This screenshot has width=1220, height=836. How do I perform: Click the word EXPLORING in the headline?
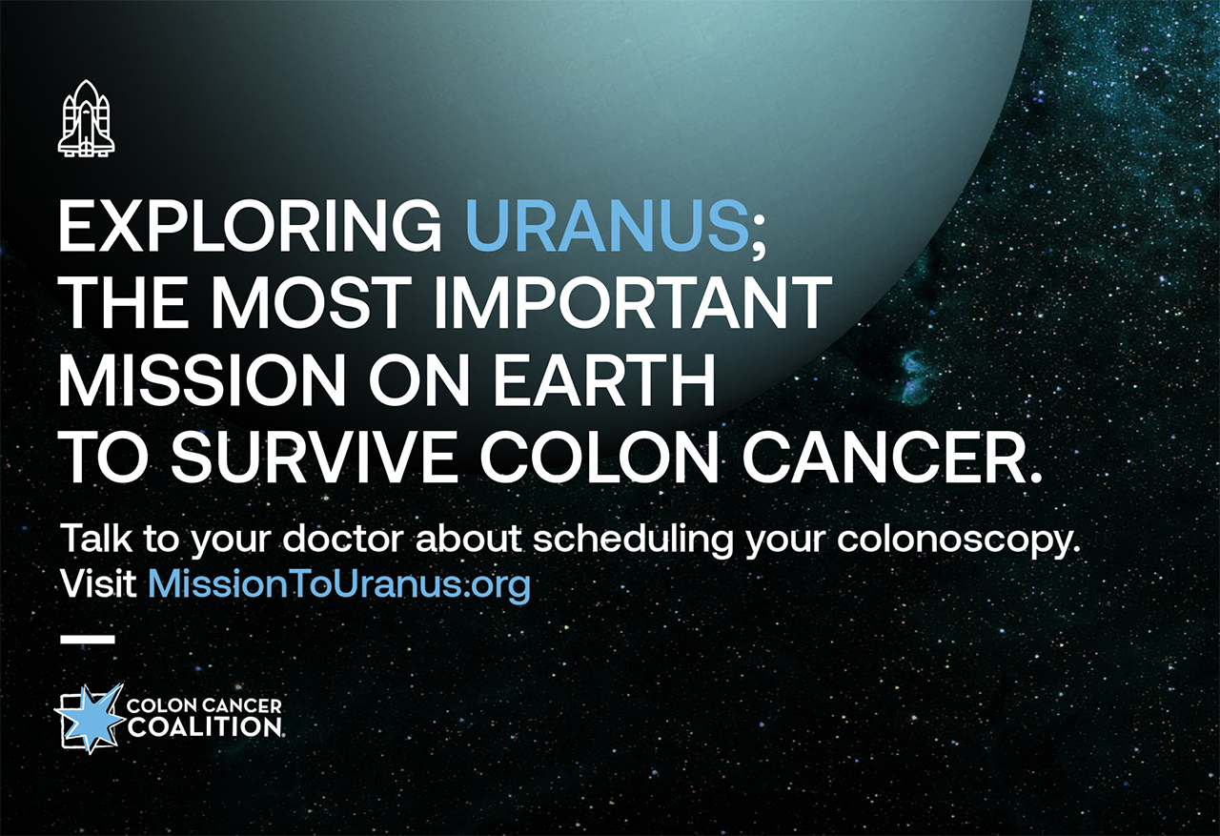pos(251,227)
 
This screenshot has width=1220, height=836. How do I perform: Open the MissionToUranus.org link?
pos(339,585)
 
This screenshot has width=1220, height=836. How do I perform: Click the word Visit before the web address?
pos(98,583)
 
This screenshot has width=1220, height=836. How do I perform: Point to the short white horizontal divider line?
pos(87,639)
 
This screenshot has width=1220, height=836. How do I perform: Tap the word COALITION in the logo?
pos(204,727)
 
